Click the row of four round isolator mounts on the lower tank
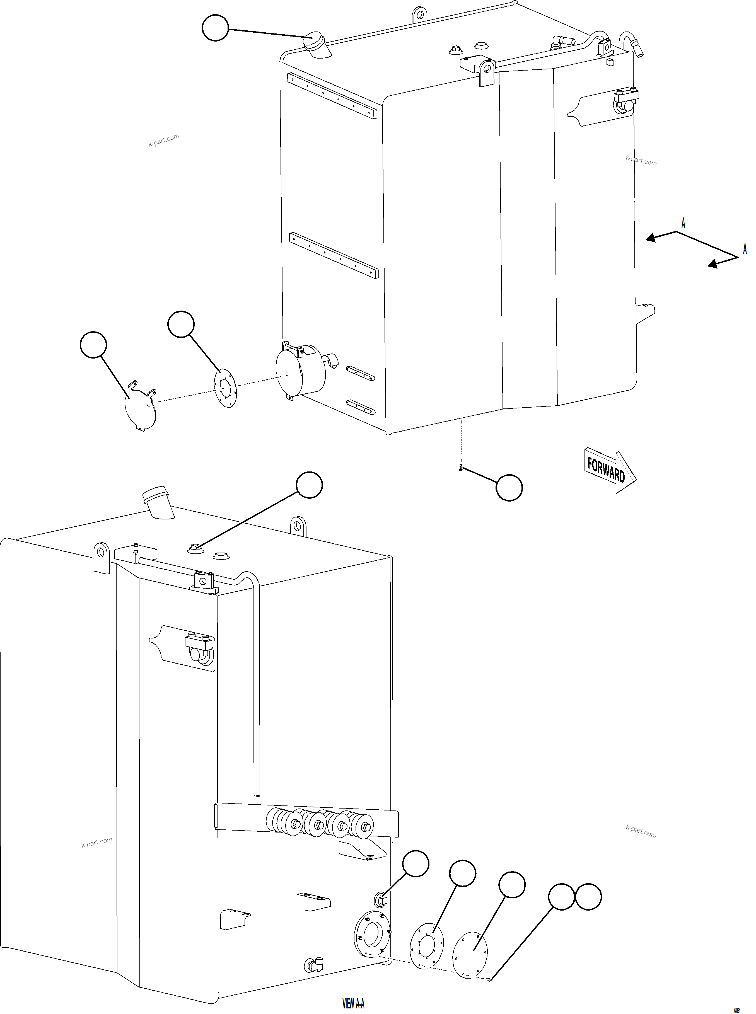pyautogui.click(x=320, y=824)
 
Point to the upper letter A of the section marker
pyautogui.click(x=683, y=224)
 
